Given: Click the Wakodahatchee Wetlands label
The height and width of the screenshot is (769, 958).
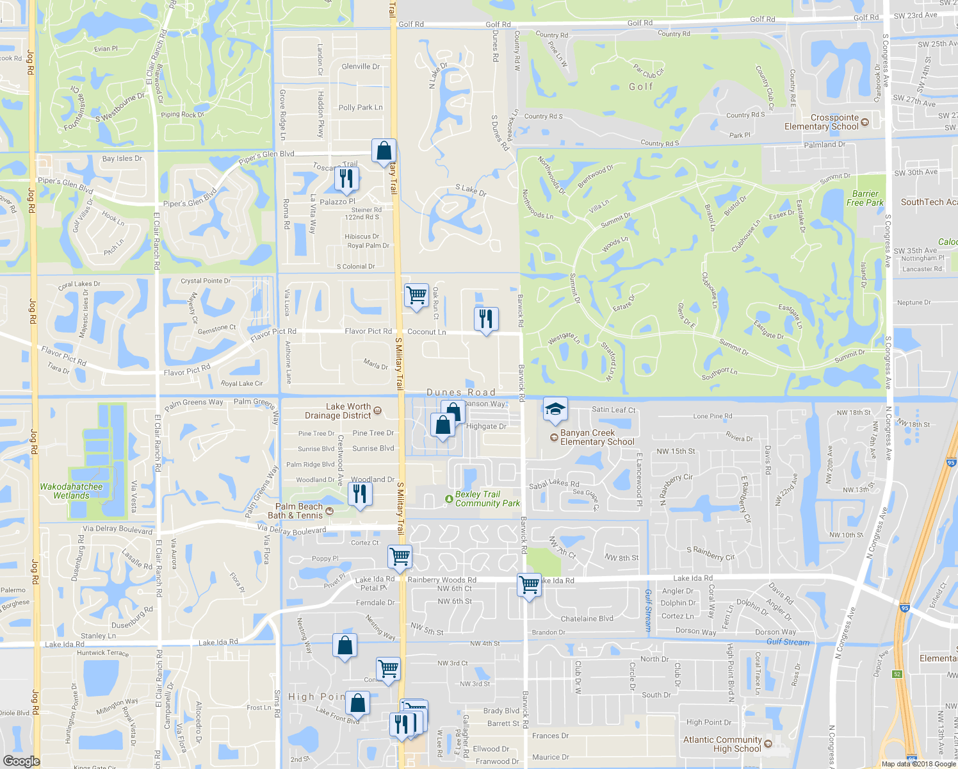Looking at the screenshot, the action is coord(71,491).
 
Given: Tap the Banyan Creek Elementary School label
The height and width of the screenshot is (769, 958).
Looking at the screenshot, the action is coord(597,437).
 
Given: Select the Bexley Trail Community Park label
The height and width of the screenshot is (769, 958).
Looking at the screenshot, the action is coord(487,499).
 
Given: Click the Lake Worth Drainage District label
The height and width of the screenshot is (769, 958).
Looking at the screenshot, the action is coord(338,411).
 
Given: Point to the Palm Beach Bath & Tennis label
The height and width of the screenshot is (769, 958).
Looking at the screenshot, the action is coord(299,511).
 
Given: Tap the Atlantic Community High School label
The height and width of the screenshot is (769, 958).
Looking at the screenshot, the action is coord(722,744).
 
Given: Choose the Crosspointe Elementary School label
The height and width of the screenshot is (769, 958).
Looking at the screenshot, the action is coord(822,122).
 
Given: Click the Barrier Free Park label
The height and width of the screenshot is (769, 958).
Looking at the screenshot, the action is coord(865,198).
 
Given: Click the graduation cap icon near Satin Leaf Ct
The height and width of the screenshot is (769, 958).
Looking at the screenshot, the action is coord(555,408).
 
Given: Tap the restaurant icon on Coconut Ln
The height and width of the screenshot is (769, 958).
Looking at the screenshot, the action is coord(486,318).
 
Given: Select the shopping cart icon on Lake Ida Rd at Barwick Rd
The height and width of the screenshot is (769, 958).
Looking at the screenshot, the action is coord(529,584).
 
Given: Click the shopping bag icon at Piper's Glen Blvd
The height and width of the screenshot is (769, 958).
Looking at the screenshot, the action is coord(384,151).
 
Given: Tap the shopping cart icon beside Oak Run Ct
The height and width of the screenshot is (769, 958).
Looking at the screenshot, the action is coord(416,295).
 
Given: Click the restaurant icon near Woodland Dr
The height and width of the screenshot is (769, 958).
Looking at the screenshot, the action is coord(360,493).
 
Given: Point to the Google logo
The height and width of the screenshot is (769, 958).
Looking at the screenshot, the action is coord(21,761).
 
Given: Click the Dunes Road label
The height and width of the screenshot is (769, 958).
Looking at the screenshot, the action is coord(461,392).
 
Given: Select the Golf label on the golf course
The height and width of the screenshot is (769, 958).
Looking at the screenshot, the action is coord(640,87).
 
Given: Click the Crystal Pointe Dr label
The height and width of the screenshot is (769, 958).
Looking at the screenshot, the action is coord(206,281).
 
